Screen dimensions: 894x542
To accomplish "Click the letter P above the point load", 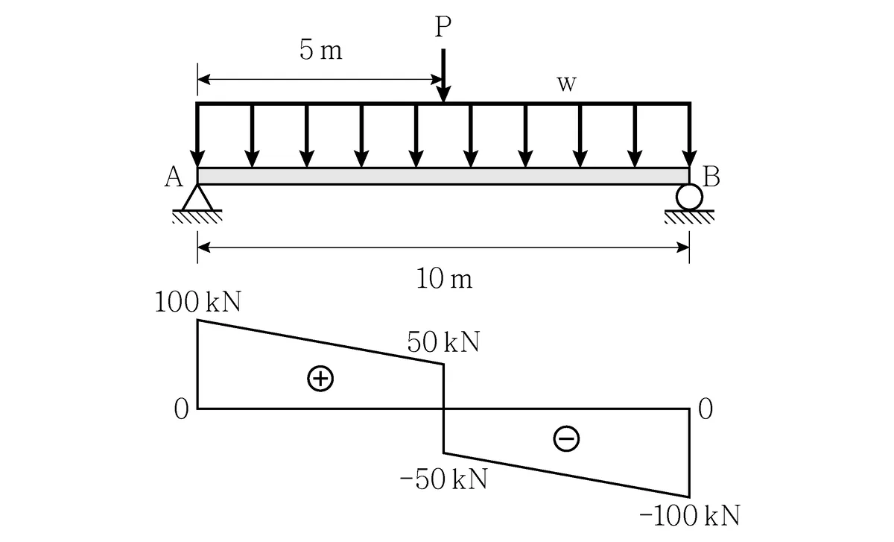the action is (443, 27).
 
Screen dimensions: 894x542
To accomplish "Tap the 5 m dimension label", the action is (321, 51).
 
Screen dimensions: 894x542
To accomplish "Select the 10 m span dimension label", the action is (444, 278).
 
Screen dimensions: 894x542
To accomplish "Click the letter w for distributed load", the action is (566, 84).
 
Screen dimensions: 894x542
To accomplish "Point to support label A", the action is (174, 177).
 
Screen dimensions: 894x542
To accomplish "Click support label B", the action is (711, 177).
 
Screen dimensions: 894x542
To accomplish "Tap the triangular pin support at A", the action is (197, 198).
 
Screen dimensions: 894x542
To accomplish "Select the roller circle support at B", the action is (689, 197).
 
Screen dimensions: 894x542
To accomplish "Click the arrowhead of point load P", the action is (443, 94).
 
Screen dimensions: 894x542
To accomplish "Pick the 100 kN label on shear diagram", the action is (198, 301).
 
